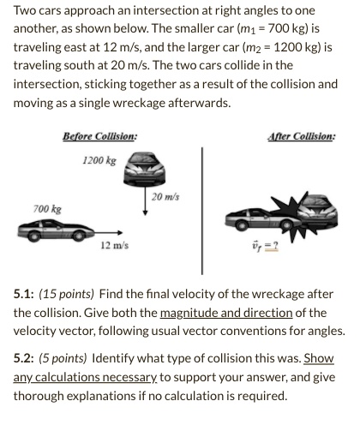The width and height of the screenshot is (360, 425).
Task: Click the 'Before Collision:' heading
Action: (99, 136)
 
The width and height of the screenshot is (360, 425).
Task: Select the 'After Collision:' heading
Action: (302, 136)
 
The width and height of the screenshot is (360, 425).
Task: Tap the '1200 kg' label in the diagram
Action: (99, 160)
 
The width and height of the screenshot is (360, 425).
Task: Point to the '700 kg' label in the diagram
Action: (47, 209)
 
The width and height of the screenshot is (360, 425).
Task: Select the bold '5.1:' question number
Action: (24, 294)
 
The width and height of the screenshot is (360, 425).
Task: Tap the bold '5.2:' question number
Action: (24, 357)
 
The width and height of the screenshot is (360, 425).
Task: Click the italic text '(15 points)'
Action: (69, 294)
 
